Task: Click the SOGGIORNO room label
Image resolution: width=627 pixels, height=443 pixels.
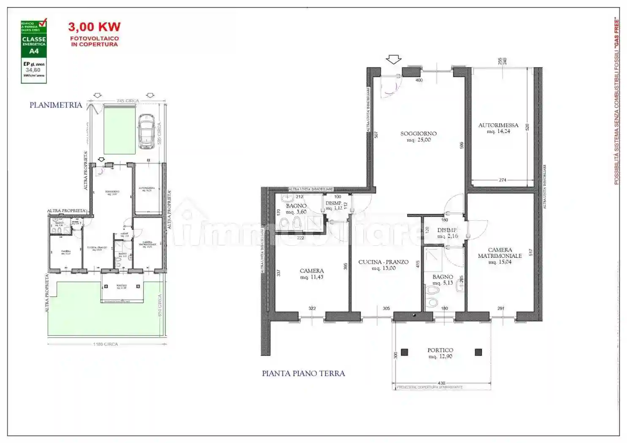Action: tap(418, 136)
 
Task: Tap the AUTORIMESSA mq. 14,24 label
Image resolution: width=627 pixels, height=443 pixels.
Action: tap(498, 128)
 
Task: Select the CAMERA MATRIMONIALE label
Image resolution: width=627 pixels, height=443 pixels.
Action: tap(500, 256)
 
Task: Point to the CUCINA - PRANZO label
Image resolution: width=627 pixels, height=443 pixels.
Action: tap(383, 265)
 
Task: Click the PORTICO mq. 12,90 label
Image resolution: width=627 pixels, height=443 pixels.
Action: tap(440, 353)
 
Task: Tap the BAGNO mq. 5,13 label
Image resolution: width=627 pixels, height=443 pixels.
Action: tap(442, 280)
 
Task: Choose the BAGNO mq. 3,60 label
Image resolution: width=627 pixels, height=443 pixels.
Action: tap(296, 208)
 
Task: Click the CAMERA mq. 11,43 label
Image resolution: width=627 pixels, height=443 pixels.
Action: tap(312, 274)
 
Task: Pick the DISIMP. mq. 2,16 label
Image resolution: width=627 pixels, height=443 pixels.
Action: tap(447, 233)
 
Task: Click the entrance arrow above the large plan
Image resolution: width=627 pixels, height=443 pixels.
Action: tap(394, 59)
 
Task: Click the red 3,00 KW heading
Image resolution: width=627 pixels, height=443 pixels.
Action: tap(95, 27)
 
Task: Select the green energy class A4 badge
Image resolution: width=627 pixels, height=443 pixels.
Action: tap(34, 51)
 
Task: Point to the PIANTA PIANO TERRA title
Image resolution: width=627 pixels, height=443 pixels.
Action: tap(303, 373)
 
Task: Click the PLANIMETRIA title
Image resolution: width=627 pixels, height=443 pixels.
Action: tap(56, 105)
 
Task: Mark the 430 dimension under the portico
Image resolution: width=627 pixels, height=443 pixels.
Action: tap(441, 383)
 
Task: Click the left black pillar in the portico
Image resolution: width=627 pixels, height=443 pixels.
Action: tap(404, 352)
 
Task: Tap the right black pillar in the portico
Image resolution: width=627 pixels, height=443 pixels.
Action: tap(478, 352)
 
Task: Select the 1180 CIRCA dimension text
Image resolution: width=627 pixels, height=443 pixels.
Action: tap(105, 344)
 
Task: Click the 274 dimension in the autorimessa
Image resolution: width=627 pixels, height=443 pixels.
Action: tap(502, 180)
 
